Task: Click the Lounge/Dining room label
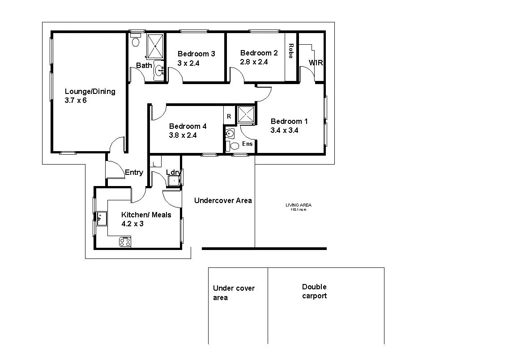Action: [x=90, y=91]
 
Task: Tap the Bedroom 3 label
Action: [x=196, y=54]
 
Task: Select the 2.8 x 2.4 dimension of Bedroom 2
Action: [x=254, y=62]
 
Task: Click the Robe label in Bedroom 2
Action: [x=291, y=51]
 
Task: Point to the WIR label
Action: [x=316, y=63]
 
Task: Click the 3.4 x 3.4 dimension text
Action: [x=284, y=131]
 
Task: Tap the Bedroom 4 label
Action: [x=188, y=126]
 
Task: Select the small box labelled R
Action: [x=229, y=116]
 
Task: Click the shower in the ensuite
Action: [x=246, y=114]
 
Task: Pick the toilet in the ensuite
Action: [x=234, y=146]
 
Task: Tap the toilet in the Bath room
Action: [x=136, y=42]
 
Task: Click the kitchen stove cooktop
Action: [x=125, y=242]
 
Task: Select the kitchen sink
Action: [x=101, y=219]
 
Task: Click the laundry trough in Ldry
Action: [x=173, y=181]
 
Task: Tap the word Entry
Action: [x=134, y=173]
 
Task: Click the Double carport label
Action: [x=314, y=291]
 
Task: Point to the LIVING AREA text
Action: [x=298, y=205]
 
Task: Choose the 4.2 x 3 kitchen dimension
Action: [x=132, y=224]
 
